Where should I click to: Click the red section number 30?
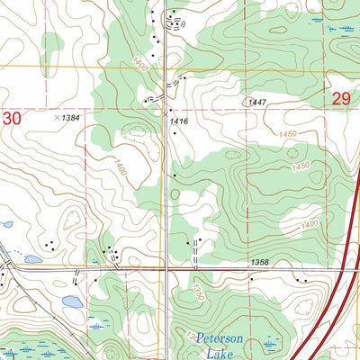tap(11, 117)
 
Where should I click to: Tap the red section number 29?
tap(340, 100)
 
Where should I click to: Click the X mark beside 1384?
tap(56, 117)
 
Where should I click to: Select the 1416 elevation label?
tap(176, 118)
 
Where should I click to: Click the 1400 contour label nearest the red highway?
tap(310, 224)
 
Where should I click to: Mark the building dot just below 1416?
tap(175, 133)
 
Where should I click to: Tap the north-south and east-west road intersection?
tap(166, 268)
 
